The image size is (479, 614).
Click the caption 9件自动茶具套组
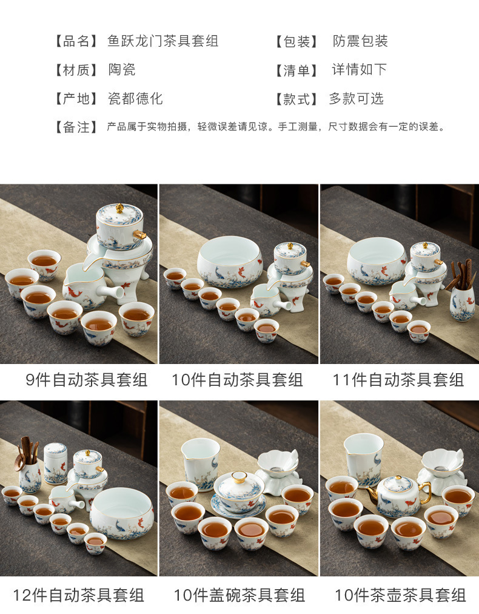point(87,380)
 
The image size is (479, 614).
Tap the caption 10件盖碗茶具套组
point(239,595)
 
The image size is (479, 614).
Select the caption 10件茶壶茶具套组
point(400,595)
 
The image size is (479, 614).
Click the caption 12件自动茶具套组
point(79,595)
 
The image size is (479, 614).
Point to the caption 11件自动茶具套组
point(398,380)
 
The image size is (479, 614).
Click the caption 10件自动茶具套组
point(237,380)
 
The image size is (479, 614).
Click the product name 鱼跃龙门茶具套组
point(162,41)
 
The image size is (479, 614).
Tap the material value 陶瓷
point(122,70)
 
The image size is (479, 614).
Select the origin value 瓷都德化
point(135,99)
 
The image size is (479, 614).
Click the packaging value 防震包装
point(360,41)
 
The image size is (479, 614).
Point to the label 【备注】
point(76,127)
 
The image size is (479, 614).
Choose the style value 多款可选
point(356,99)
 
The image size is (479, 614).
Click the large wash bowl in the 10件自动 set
point(230,261)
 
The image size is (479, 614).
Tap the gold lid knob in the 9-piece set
point(120,208)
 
